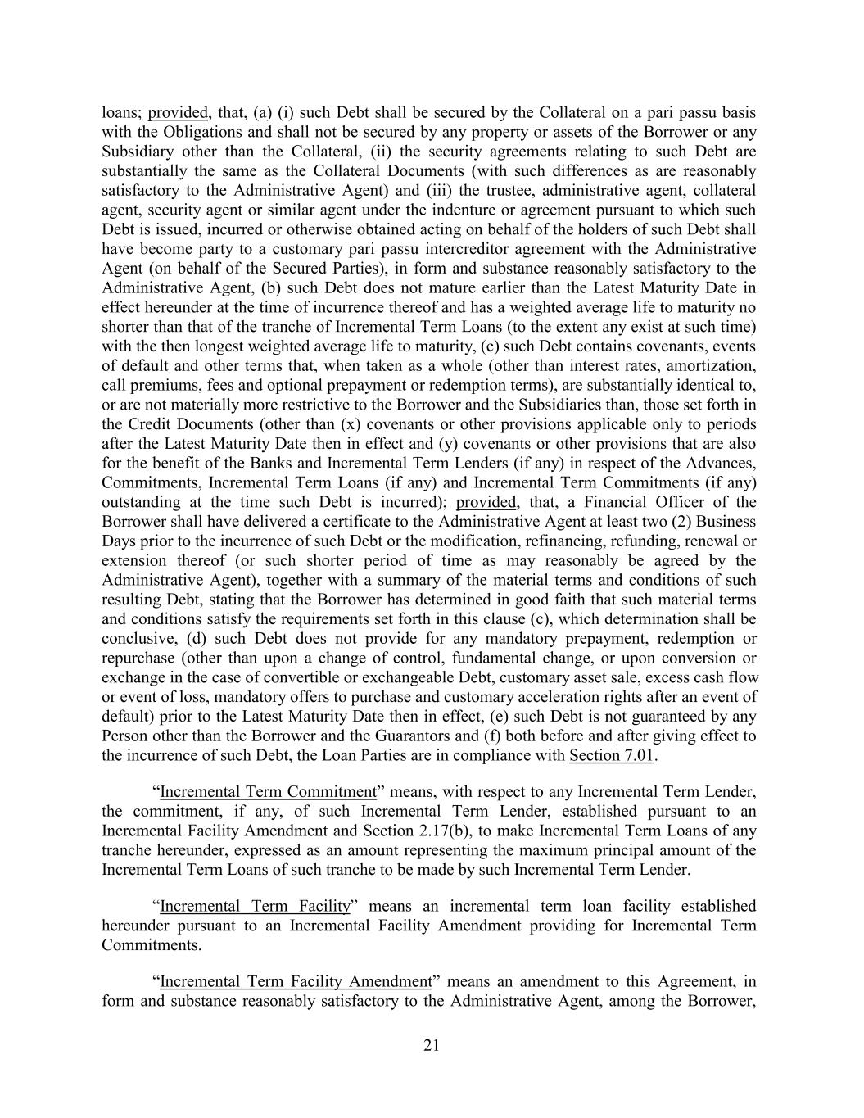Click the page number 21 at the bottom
coord(432,1044)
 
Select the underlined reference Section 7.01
coord(612,755)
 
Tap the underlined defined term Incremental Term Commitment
coord(268,792)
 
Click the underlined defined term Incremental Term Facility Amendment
coord(296,981)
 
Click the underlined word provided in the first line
coord(178,112)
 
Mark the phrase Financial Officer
coord(636,502)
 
